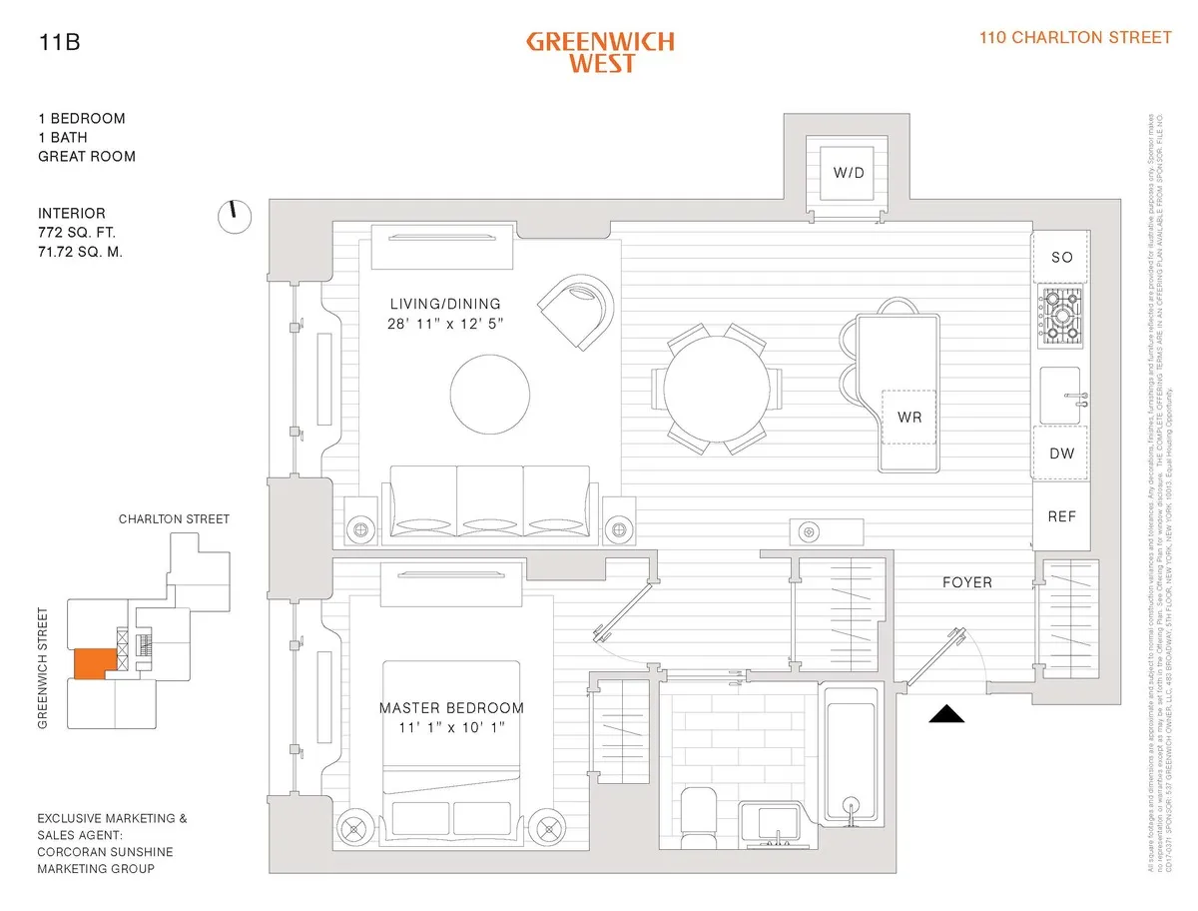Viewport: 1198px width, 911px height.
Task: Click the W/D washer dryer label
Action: (849, 173)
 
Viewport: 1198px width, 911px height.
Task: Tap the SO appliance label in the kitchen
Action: (1062, 258)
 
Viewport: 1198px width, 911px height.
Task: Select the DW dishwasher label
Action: (1062, 454)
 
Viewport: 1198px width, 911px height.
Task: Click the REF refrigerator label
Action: (1062, 516)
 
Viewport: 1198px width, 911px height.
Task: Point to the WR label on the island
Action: (907, 416)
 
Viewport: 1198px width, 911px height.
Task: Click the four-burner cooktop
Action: (1062, 316)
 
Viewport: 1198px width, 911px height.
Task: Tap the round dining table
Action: (717, 389)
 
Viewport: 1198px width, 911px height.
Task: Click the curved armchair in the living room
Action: (576, 311)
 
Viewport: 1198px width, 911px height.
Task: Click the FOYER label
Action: (967, 582)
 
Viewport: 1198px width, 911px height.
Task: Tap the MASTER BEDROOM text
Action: (451, 708)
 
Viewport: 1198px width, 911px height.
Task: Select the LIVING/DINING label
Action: (445, 305)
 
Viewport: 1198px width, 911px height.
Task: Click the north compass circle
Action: (234, 216)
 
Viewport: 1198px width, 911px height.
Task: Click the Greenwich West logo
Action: (600, 52)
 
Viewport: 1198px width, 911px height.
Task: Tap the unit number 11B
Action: (57, 42)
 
